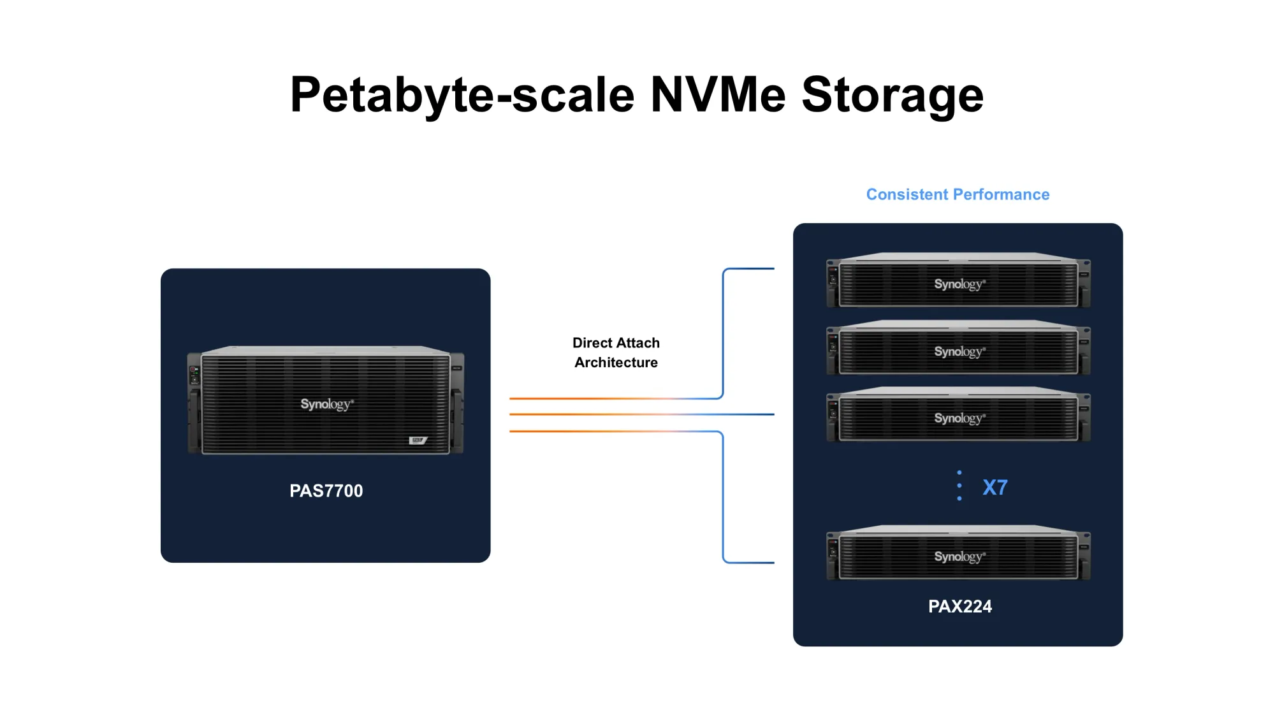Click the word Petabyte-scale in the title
coord(462,96)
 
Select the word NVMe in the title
coord(718,94)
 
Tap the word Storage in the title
coord(892,96)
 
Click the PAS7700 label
coord(326,491)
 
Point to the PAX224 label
coord(959,606)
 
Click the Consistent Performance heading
coord(958,194)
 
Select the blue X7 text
coord(994,488)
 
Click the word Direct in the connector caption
coord(592,343)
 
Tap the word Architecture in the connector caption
coord(616,363)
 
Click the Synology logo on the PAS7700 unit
coord(326,404)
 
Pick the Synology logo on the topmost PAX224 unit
coord(959,284)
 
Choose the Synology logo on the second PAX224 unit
coord(959,352)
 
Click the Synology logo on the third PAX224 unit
coord(959,419)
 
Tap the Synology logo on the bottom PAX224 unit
coord(959,557)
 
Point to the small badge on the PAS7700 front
coord(418,440)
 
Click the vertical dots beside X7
coord(959,486)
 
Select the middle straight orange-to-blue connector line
coord(642,414)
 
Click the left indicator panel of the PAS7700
coord(194,375)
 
